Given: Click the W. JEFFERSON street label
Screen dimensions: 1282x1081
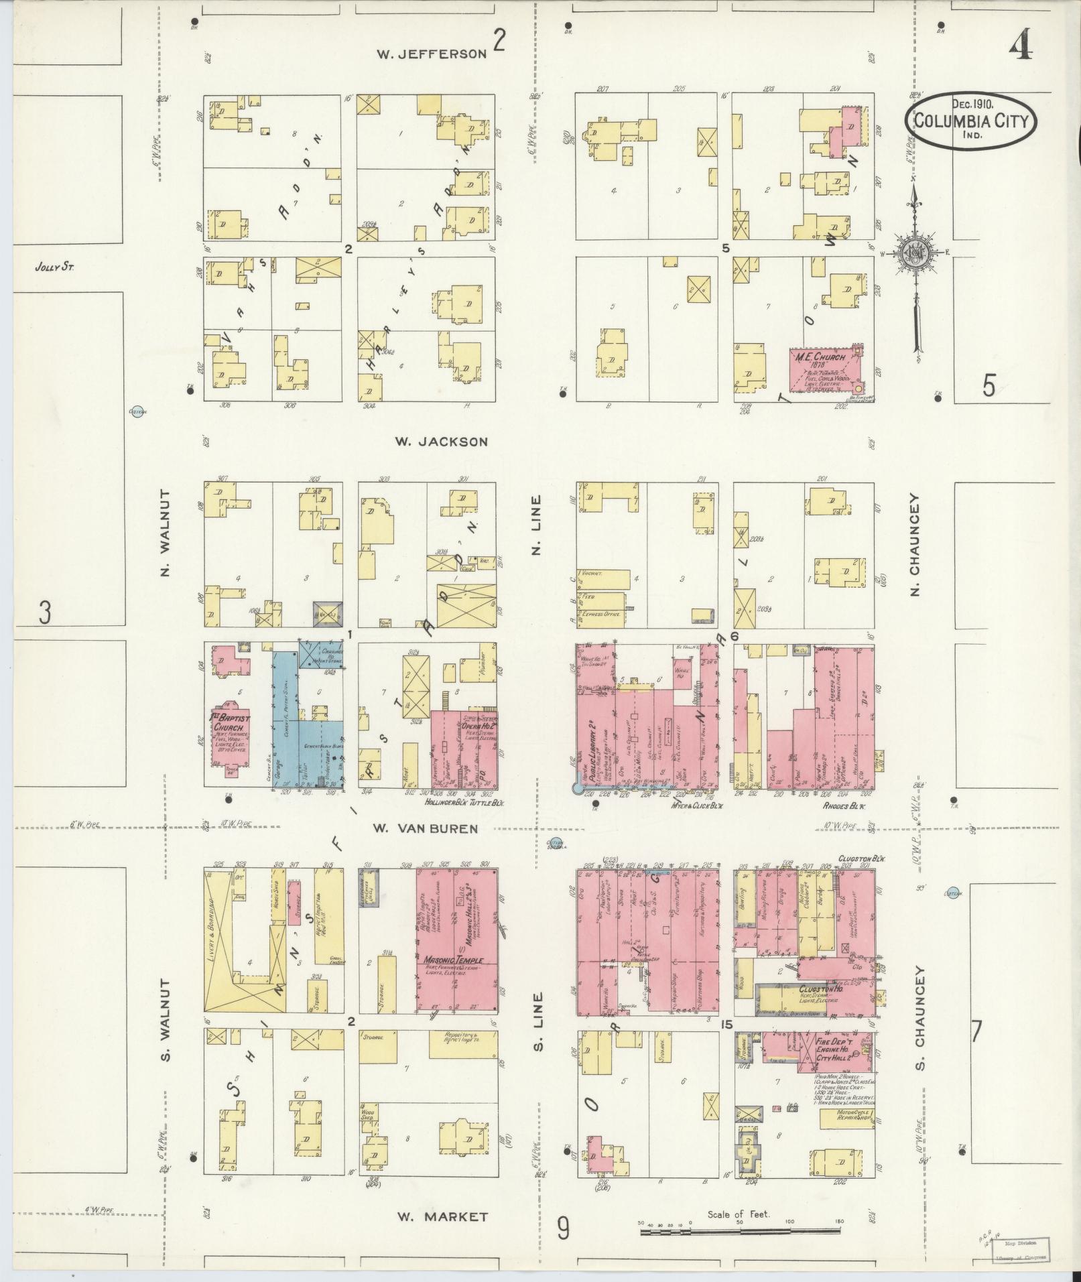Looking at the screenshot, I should click(x=431, y=54).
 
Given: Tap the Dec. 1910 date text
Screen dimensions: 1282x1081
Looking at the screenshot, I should click(x=972, y=104).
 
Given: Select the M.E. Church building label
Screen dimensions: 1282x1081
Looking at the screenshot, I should click(x=819, y=357).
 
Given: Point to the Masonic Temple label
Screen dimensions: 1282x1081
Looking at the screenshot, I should click(x=454, y=960).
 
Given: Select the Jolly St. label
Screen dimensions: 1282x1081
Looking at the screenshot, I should click(x=54, y=267).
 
